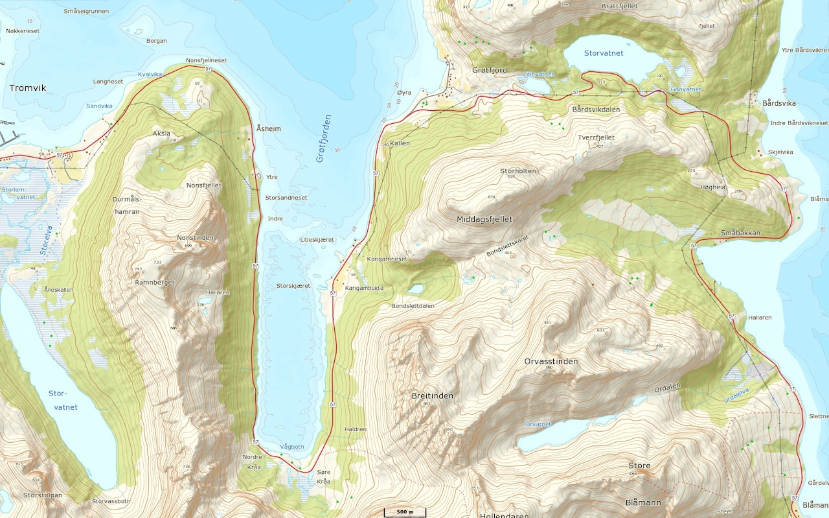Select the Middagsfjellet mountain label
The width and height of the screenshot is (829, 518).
(x=484, y=219)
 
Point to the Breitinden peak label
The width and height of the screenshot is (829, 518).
(x=433, y=395)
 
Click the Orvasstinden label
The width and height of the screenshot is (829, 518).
(x=551, y=361)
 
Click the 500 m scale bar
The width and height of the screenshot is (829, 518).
(x=405, y=512)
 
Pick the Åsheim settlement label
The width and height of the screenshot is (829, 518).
(x=269, y=128)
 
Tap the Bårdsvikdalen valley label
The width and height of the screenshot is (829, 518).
(x=596, y=110)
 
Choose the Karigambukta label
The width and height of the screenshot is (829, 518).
(x=365, y=288)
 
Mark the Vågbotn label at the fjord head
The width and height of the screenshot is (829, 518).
(x=291, y=447)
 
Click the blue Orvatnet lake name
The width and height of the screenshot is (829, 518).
(x=538, y=425)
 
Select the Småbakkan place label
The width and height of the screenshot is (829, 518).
(x=740, y=233)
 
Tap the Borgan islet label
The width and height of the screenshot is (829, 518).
(x=157, y=40)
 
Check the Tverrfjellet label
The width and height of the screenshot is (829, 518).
(x=596, y=137)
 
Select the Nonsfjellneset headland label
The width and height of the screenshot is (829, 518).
(x=207, y=60)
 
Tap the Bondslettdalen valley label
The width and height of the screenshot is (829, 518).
(x=413, y=305)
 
